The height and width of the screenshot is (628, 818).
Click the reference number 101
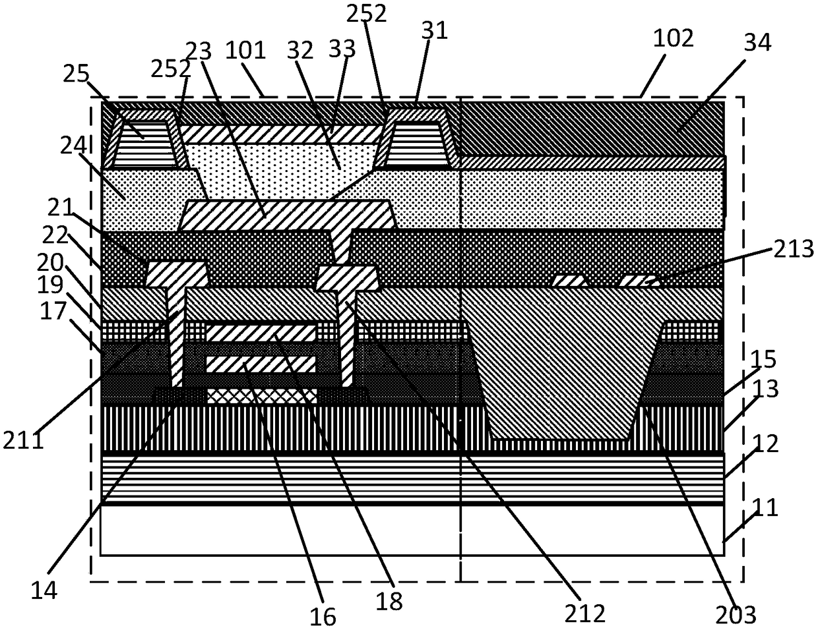pyautogui.click(x=245, y=50)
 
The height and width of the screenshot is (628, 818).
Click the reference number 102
pyautogui.click(x=674, y=38)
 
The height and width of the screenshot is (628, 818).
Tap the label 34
pyautogui.click(x=756, y=43)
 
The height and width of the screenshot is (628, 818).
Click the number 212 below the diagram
pyautogui.click(x=585, y=613)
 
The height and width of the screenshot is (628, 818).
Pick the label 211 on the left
pyautogui.click(x=23, y=439)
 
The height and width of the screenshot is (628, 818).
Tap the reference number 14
pyautogui.click(x=44, y=590)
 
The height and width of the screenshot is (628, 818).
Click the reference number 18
pyautogui.click(x=389, y=600)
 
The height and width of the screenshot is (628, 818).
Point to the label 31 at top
pyautogui.click(x=434, y=31)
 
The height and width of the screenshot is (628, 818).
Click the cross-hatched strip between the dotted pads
pyautogui.click(x=261, y=395)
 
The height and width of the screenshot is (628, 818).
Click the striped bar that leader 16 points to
pyautogui.click(x=261, y=364)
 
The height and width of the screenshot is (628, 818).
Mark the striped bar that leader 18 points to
pyautogui.click(x=261, y=333)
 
